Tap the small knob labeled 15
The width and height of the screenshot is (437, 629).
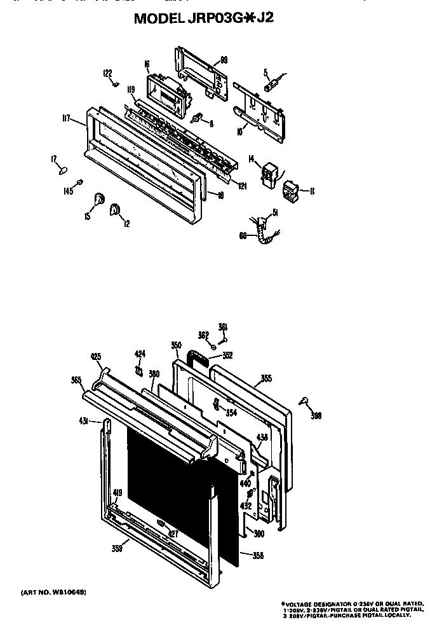[x=99, y=199]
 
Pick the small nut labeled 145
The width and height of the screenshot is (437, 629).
[x=79, y=183]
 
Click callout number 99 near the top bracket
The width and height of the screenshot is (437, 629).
[x=224, y=60]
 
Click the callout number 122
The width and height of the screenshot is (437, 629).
[x=107, y=73]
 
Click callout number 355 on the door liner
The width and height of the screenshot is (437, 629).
[x=266, y=378]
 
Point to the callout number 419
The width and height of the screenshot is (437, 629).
[x=117, y=492]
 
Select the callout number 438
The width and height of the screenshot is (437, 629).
[x=262, y=437]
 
